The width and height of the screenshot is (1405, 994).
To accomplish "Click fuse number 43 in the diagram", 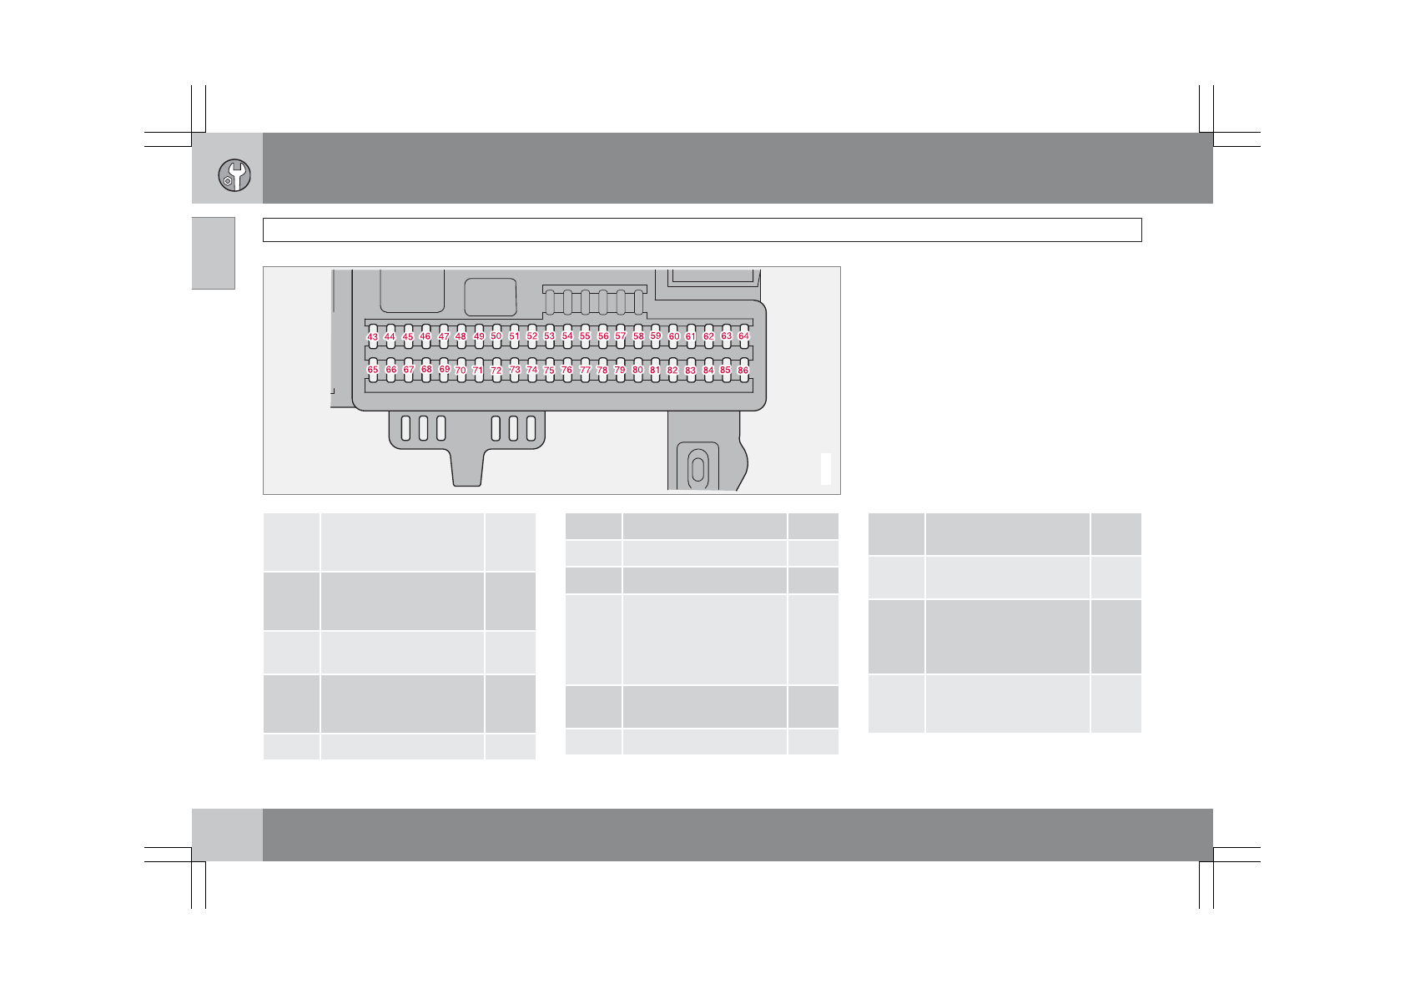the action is pos(372,337).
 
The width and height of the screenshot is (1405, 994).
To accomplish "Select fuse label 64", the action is pos(743,336).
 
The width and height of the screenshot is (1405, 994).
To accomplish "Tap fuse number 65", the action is pos(372,370).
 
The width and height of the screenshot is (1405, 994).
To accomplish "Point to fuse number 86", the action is pos(743,370).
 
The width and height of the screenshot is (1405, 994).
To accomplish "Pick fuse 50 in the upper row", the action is pos(496,336).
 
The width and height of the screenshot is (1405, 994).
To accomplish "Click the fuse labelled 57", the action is pos(621,336).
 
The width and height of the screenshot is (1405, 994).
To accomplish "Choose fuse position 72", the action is pos(496,370).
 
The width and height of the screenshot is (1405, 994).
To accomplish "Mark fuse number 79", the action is pos(620,370).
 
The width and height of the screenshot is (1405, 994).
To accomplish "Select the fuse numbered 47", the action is pos(444,337).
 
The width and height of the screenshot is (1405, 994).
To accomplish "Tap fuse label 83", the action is pos(691,371).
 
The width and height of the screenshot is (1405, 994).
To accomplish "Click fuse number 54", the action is pos(567,336).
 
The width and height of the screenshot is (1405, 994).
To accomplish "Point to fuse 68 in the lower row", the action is pos(426,369).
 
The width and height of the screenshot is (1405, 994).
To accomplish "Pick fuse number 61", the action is pos(691,337).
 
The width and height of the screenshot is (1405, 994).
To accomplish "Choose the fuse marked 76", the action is pos(567,370).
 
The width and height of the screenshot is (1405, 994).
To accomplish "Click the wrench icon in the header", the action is pos(234,175).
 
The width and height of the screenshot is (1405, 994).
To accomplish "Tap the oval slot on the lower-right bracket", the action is pos(697,468).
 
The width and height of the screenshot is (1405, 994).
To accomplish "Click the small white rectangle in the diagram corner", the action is pos(826,468).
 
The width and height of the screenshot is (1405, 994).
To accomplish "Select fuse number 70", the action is pos(461,370).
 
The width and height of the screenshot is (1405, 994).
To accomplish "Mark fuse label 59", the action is pos(656,336).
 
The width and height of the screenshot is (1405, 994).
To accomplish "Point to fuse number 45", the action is pos(408,337).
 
